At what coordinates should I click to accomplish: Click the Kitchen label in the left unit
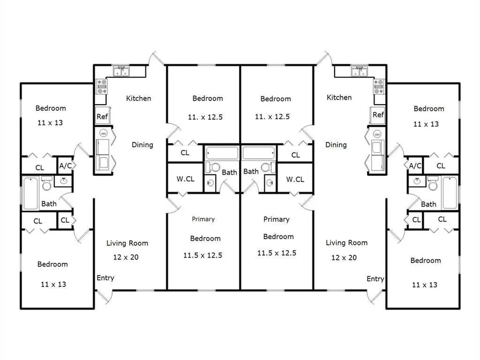[x=138, y=98]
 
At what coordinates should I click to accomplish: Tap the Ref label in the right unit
[x=378, y=115]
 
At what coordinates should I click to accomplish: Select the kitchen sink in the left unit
[x=121, y=72]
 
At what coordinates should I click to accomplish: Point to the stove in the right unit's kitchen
[x=379, y=86]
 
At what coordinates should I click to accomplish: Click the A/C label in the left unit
[x=65, y=166]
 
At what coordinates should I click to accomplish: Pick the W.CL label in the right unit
[x=295, y=179]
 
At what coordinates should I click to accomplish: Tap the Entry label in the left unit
[x=105, y=278]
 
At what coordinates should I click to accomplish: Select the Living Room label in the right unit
[x=347, y=243]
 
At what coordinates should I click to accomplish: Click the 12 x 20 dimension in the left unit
[x=126, y=257]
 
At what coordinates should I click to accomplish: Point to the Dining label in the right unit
[x=336, y=145]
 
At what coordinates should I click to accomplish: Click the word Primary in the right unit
[x=276, y=219]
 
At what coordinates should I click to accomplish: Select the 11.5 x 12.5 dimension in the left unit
[x=202, y=255]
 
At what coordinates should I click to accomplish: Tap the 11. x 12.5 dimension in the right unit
[x=272, y=117]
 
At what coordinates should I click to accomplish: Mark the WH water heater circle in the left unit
[x=104, y=133]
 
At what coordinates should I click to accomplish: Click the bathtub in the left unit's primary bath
[x=222, y=153]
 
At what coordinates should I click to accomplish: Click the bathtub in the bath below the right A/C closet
[x=450, y=193]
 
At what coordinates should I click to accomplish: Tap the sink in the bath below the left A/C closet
[x=63, y=181]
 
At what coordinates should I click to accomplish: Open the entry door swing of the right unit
[x=375, y=297]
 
